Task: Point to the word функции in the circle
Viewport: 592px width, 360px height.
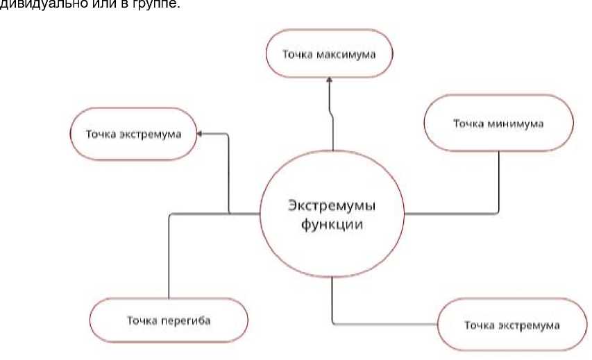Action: coord(332,225)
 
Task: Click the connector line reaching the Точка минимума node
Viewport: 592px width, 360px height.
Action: coord(498,180)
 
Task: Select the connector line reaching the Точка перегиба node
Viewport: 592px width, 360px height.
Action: coord(169,257)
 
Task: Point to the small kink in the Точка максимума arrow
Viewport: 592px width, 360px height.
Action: coord(332,114)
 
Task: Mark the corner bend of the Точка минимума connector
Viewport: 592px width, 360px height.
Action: coord(498,214)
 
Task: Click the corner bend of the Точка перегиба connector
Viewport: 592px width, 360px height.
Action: coord(169,214)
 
